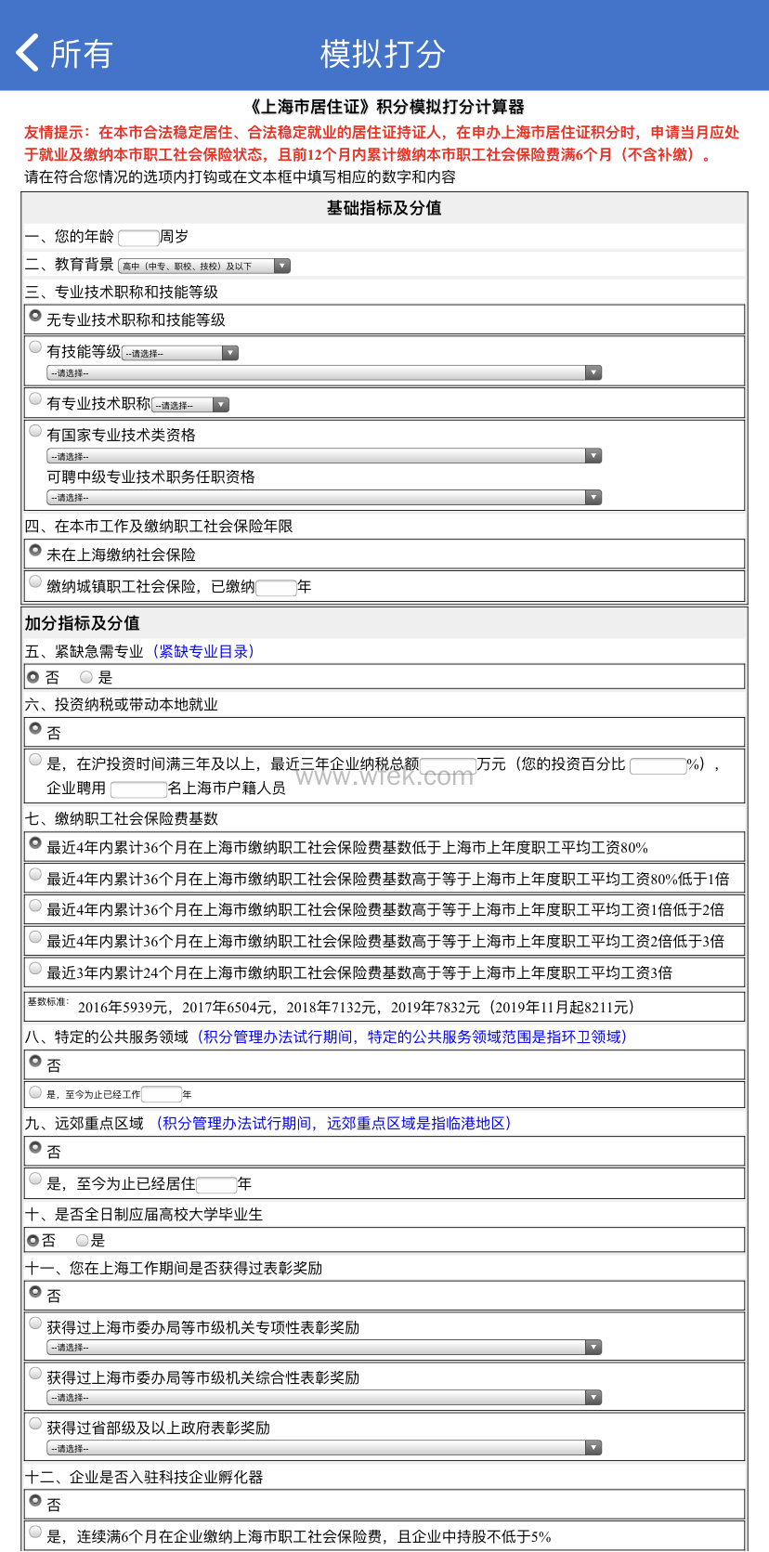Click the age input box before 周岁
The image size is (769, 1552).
click(x=138, y=238)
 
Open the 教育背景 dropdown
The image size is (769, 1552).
click(x=204, y=267)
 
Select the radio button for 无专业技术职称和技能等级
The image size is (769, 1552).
click(x=35, y=316)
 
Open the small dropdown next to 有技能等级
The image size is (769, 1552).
click(x=181, y=353)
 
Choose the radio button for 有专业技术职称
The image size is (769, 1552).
click(x=35, y=399)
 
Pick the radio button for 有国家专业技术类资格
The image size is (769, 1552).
click(x=35, y=431)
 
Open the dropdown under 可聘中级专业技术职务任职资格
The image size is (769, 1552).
click(x=324, y=498)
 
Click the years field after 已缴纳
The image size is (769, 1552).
click(x=276, y=587)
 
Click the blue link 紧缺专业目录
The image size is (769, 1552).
click(x=203, y=652)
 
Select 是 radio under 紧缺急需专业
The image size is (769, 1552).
click(x=86, y=677)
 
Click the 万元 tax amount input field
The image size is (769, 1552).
click(x=448, y=765)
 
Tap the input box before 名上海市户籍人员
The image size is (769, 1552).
click(x=138, y=789)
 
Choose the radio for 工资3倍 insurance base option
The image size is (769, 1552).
click(x=35, y=969)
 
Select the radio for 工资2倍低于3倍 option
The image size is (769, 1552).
click(x=35, y=937)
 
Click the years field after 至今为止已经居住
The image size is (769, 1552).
click(x=216, y=1184)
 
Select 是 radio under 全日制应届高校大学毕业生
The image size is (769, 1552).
click(x=83, y=1240)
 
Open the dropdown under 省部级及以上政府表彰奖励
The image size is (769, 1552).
click(x=324, y=1448)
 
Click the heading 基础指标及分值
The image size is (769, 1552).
click(x=384, y=208)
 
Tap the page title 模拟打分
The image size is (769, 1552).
click(x=383, y=54)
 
